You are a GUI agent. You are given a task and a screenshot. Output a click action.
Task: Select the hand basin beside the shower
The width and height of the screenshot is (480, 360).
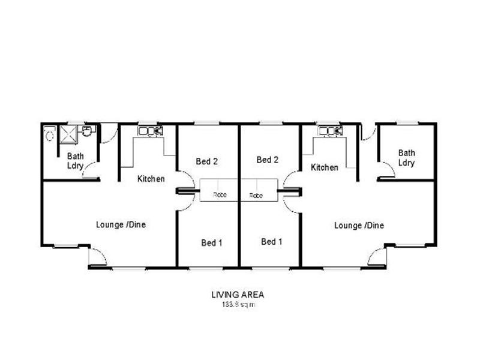[x=88, y=131]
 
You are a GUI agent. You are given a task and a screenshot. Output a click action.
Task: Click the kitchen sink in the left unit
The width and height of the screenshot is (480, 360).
[x=151, y=130]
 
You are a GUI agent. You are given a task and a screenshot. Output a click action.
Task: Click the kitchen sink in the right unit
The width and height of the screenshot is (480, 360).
[x=331, y=130]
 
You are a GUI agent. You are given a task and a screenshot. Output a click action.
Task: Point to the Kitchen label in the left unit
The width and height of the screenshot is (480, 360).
[x=151, y=178]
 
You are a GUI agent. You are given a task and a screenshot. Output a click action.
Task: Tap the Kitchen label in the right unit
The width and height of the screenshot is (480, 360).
[x=324, y=167]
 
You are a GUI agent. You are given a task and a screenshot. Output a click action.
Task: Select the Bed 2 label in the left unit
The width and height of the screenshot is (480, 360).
[x=207, y=161]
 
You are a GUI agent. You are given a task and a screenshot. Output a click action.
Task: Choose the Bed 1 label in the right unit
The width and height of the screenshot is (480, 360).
[x=271, y=241]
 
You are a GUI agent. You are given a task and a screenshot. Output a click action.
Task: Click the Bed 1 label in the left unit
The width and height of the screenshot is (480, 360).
[x=212, y=242]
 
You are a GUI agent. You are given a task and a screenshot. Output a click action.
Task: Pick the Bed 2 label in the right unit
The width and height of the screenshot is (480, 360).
[x=267, y=160]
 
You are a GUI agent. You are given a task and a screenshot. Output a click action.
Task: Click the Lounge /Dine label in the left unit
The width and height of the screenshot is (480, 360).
[x=121, y=224]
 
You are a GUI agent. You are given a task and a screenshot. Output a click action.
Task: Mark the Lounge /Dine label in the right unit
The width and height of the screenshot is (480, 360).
[x=359, y=226]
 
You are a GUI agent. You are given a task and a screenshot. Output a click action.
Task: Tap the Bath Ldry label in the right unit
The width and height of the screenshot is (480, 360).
[x=406, y=158]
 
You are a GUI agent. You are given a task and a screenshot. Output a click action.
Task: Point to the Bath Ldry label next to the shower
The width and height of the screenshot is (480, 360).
[x=76, y=160]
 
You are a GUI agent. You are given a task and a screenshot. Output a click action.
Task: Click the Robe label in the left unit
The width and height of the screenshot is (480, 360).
[x=219, y=196]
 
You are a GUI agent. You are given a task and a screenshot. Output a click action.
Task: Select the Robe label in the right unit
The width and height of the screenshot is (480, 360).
[x=256, y=196]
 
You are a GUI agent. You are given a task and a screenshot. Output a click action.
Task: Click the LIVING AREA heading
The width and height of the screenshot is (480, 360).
[x=237, y=295]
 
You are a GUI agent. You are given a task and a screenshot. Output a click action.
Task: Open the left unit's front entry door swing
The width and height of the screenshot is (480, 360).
[x=97, y=257]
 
